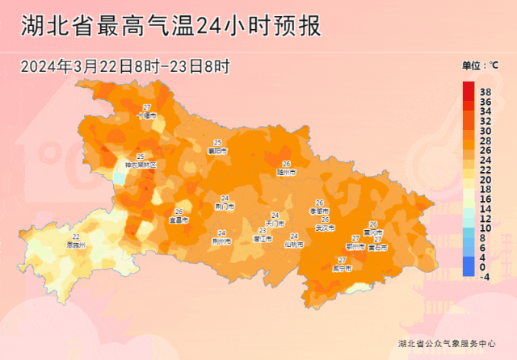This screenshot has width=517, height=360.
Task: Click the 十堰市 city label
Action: (x=146, y=116)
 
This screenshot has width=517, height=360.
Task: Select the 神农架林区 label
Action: (x=141, y=165)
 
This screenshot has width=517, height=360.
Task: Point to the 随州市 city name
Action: (x=286, y=171)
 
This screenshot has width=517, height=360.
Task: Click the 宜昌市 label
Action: (x=179, y=220)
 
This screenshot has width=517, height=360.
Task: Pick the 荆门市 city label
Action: (x=225, y=207)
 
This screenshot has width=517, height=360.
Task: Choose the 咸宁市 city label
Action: (x=343, y=268)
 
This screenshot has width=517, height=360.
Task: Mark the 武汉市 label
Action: (x=325, y=228)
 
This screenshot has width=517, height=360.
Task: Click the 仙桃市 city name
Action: (x=294, y=244)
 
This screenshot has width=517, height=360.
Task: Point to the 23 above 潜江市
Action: (x=263, y=231)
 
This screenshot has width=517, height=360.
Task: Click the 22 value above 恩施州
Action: (x=76, y=237)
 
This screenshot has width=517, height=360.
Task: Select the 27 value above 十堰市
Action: (x=146, y=108)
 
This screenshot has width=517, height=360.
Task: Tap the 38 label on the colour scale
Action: (x=485, y=91)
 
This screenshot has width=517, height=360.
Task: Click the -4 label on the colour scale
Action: (x=485, y=277)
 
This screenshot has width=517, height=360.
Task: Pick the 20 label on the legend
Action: (x=485, y=179)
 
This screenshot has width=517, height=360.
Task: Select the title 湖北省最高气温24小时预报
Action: (x=170, y=26)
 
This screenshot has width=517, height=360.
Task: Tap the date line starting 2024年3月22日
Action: (x=125, y=66)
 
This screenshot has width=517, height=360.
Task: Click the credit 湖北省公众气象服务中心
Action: (x=448, y=343)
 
